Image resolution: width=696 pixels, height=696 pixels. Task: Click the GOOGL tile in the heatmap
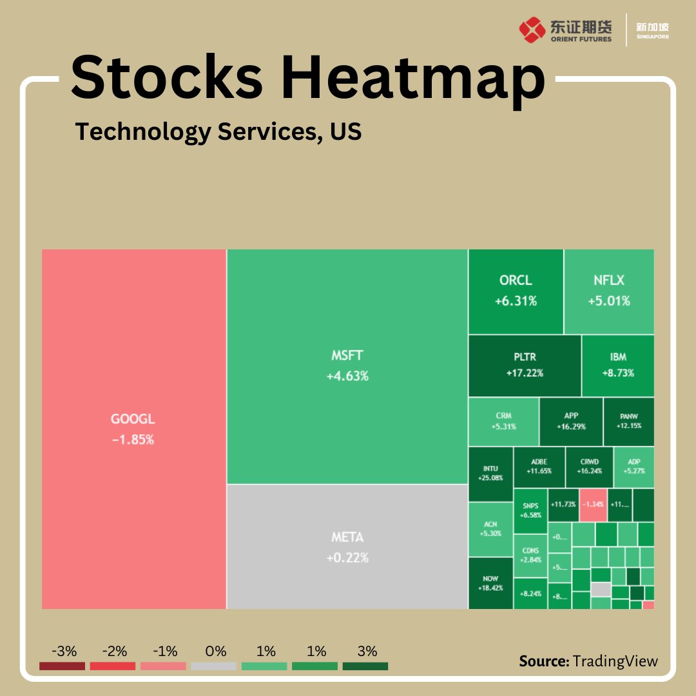click(x=133, y=429)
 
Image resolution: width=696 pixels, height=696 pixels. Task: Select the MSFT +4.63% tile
click(x=347, y=366)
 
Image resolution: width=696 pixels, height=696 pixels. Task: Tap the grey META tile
click(x=347, y=546)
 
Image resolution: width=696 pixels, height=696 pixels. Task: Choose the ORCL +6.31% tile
click(x=516, y=291)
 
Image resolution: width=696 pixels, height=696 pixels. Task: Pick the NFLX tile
click(x=609, y=291)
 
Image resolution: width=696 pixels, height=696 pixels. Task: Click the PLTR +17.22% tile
click(x=525, y=365)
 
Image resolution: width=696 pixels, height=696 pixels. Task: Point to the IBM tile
click(x=617, y=365)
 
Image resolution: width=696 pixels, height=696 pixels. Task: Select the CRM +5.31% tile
click(x=503, y=421)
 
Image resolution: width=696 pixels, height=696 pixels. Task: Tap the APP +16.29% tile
click(x=571, y=421)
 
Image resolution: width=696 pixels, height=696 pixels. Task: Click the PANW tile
click(x=628, y=421)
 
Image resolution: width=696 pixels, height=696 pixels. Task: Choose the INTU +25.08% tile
click(x=490, y=474)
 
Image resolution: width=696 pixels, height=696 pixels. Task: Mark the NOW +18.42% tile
click(x=490, y=583)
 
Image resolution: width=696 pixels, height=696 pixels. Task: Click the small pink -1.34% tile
click(x=593, y=505)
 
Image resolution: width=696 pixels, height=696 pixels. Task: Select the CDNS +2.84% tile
click(x=530, y=555)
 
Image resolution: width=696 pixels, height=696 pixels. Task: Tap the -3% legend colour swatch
click(x=62, y=666)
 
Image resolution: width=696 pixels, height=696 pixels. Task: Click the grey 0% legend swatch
click(x=213, y=666)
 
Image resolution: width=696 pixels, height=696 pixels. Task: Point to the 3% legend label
click(x=367, y=651)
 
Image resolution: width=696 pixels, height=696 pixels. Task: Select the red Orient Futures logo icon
click(x=532, y=30)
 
